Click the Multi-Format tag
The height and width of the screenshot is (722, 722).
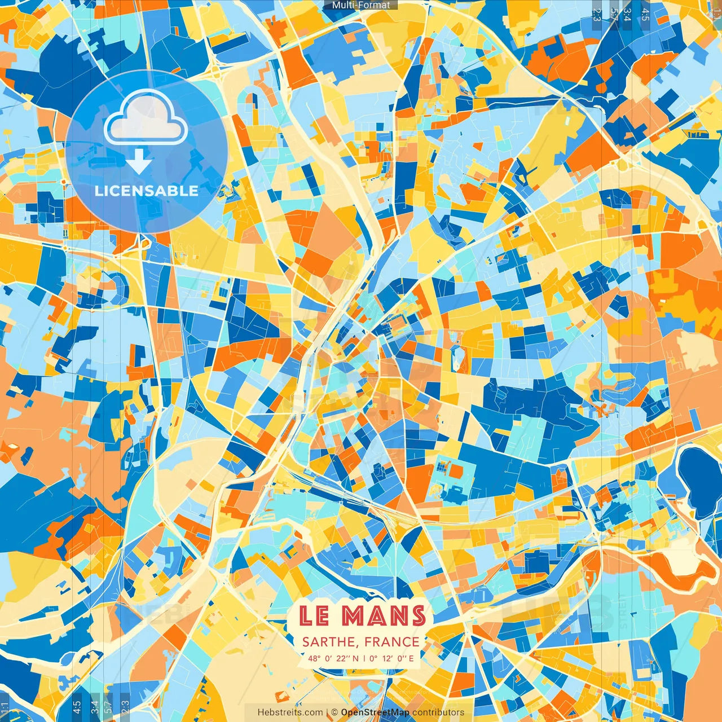361,5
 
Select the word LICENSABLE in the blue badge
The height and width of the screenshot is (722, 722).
146,191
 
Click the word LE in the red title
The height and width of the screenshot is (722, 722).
314,616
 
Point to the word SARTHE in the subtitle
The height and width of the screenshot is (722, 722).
329,642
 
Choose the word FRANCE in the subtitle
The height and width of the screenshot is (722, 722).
391,642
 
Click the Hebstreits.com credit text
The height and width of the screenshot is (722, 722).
290,712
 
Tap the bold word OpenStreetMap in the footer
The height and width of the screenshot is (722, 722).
375,712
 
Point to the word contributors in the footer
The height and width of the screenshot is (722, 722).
438,712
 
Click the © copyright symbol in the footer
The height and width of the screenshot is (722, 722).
334,712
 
